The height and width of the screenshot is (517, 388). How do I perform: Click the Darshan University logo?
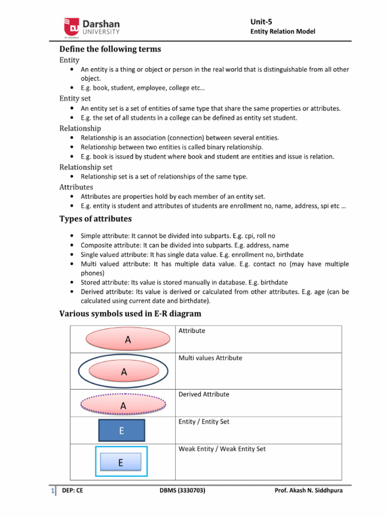[91, 28]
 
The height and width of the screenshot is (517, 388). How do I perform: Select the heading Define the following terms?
[110, 49]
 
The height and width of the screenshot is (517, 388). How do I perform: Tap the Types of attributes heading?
[95, 219]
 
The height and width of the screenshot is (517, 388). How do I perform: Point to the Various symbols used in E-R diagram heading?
[130, 314]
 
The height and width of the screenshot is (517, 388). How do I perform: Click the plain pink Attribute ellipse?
[128, 340]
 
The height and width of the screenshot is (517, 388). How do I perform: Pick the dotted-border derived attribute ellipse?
[123, 404]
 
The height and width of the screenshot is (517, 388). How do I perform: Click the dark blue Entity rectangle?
[121, 431]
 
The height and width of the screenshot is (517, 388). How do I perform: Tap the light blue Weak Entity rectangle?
[120, 462]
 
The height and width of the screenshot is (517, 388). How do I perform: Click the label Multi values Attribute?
[210, 358]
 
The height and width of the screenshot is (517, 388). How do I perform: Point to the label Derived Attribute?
[204, 394]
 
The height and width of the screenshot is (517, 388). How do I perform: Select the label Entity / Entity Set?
[204, 422]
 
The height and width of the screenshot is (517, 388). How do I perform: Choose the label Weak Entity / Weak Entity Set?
[222, 449]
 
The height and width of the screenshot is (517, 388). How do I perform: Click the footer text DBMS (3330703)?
[182, 490]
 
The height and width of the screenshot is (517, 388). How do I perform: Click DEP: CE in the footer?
[72, 490]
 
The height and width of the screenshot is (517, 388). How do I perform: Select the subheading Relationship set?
[86, 167]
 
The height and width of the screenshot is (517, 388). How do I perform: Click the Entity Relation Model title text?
[283, 31]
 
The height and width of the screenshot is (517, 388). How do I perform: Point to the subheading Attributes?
[76, 187]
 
